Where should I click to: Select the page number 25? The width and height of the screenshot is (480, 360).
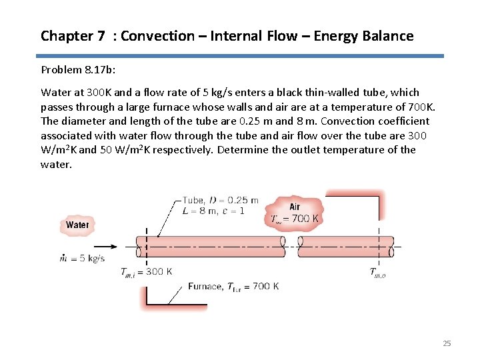coord(447,343)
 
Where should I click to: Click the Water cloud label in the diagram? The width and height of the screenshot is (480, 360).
coord(77,225)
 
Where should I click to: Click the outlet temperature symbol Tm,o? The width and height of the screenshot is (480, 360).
coord(378,271)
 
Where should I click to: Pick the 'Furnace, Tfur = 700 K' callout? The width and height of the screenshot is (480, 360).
coord(233,287)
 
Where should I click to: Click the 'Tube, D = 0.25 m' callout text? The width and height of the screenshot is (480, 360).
coord(220,201)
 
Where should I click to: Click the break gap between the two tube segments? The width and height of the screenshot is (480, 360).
coord(291,246)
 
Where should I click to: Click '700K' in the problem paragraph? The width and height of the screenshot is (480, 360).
coord(421,107)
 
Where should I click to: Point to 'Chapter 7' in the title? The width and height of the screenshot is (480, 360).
coord(73,36)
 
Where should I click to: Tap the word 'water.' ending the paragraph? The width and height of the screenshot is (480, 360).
coord(56,164)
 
